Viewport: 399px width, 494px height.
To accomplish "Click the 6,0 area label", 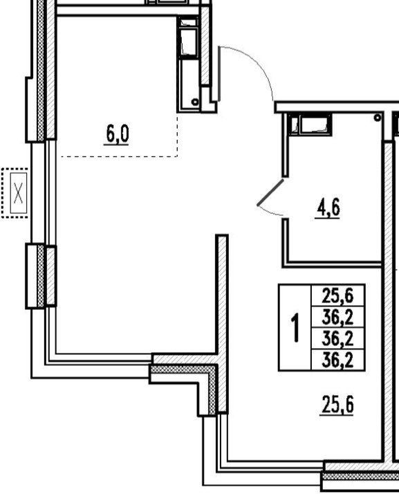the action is [x=117, y=134].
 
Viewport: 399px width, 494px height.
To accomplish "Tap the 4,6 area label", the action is [x=328, y=208].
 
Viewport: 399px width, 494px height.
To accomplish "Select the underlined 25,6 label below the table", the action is [x=337, y=405].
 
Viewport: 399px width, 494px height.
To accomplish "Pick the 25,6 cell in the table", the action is [x=337, y=296].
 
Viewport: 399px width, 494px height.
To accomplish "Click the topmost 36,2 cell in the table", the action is [x=337, y=317].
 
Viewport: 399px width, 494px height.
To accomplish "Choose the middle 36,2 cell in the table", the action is [x=337, y=338].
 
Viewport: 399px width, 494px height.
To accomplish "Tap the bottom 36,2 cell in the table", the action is [x=337, y=360].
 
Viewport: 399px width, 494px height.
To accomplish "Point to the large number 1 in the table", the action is [x=295, y=327].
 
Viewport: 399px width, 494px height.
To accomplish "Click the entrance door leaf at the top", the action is [x=219, y=74].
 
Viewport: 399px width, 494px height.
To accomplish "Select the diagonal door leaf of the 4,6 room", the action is [x=270, y=192].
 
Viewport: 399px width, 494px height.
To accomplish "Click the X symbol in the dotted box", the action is [x=18, y=193].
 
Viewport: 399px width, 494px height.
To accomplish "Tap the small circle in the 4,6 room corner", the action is [x=378, y=118].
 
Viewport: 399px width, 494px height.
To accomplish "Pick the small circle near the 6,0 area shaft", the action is [x=195, y=102].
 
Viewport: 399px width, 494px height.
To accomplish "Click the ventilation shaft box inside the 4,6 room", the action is [x=310, y=125].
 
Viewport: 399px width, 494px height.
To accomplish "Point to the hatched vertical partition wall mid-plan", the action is [x=222, y=323].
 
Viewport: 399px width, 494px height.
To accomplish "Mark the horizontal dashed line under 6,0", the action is [x=119, y=156].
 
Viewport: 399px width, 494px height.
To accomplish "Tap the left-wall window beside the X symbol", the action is [x=44, y=193].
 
